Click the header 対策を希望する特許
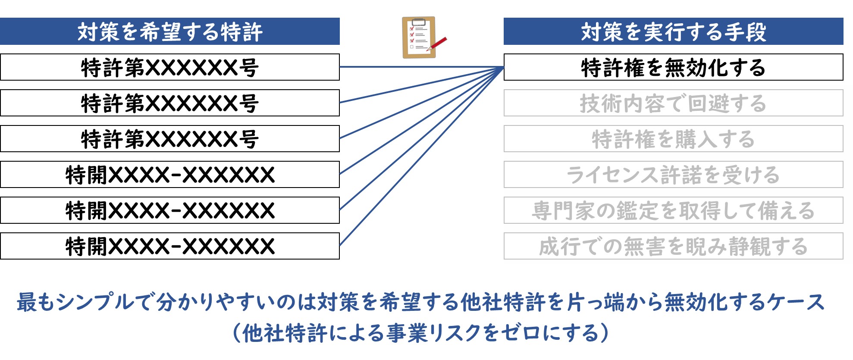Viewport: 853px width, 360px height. tap(170, 31)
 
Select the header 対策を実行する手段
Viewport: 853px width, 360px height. tap(673, 31)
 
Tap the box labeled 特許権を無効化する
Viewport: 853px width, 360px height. tap(673, 67)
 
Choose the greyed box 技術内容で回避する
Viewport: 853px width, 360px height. tap(673, 103)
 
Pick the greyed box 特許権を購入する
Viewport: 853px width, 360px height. tap(673, 139)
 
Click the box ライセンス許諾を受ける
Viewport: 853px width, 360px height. tap(673, 175)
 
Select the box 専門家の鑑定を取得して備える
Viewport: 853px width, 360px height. tap(673, 210)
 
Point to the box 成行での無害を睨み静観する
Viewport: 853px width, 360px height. tap(673, 246)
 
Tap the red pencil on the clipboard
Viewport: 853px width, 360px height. tap(437, 44)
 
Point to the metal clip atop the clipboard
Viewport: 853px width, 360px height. tap(419, 21)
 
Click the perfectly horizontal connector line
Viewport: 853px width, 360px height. tap(422, 67)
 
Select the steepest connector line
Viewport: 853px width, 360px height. tap(422, 157)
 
